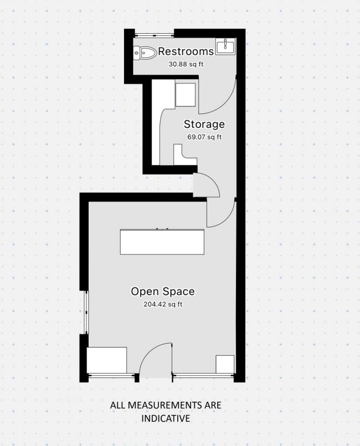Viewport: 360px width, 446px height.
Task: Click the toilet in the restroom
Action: [x=145, y=53]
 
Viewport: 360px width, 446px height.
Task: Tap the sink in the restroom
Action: [x=225, y=46]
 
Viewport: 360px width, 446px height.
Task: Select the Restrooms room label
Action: [x=186, y=51]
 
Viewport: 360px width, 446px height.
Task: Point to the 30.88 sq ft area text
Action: [x=186, y=64]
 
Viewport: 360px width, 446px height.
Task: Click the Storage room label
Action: [x=204, y=124]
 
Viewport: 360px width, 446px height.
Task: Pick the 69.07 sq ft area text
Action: [x=204, y=137]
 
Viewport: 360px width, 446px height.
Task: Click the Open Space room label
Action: [x=163, y=291]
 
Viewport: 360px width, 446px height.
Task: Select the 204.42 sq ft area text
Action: [x=163, y=304]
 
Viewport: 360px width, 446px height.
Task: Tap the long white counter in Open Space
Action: [x=162, y=242]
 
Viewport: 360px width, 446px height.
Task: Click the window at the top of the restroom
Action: [x=154, y=35]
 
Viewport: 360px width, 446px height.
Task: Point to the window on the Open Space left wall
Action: [x=86, y=312]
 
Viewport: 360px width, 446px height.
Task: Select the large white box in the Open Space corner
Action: [x=107, y=360]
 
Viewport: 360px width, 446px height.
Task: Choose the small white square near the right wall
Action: [x=225, y=364]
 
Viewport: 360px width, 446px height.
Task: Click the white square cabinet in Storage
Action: [x=186, y=95]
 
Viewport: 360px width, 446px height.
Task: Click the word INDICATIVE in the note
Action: [x=166, y=418]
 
